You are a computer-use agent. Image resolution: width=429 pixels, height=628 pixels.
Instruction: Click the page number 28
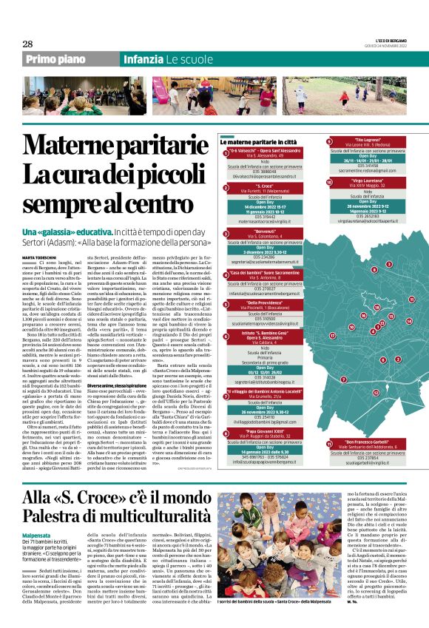coord(27,44)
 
